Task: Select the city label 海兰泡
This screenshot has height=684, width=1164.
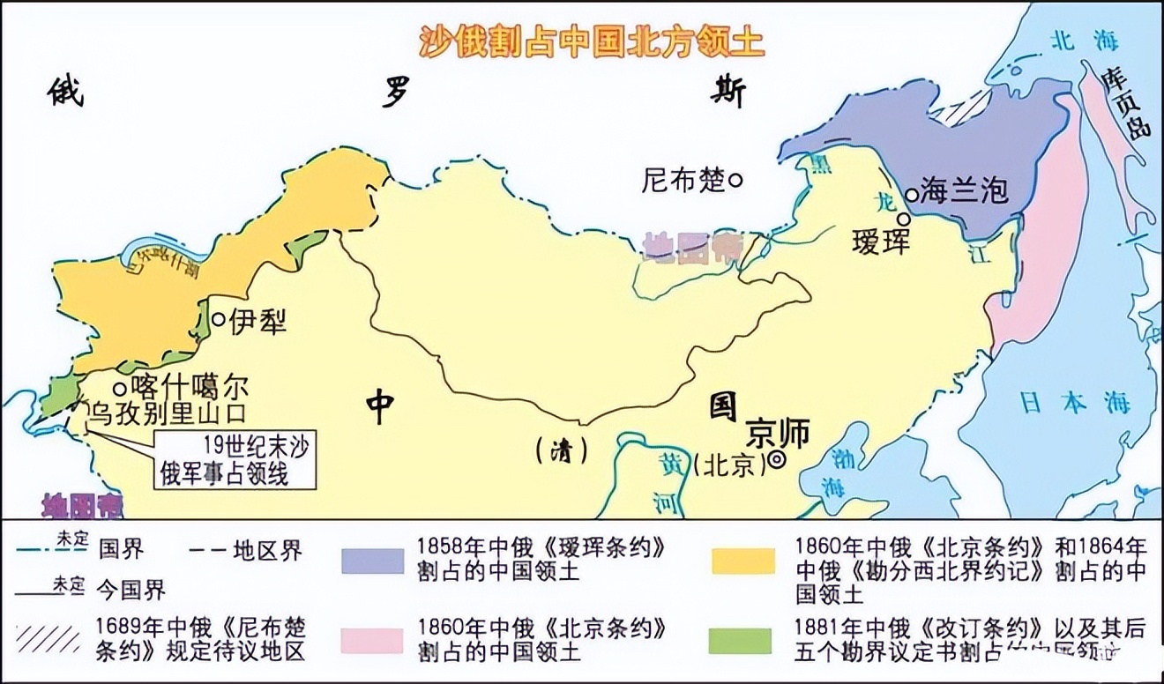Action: [964, 190]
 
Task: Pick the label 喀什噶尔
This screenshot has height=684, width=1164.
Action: [190, 387]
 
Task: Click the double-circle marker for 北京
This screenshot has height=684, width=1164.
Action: [777, 459]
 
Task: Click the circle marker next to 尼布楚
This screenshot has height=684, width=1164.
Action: [735, 180]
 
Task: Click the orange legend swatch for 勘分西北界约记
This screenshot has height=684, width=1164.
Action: [742, 560]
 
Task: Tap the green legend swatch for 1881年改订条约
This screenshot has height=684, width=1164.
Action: [742, 641]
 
